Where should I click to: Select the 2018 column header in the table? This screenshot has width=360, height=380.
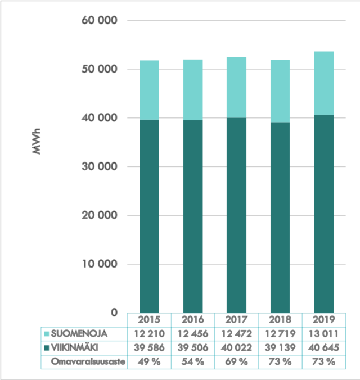tap(280, 319)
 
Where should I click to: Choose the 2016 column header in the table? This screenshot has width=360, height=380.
tap(192, 319)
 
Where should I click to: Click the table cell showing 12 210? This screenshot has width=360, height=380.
tap(149, 334)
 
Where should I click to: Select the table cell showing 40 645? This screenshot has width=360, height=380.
tap(323, 347)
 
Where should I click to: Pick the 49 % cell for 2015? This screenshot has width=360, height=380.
tap(149, 361)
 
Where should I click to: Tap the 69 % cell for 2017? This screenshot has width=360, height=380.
tap(236, 361)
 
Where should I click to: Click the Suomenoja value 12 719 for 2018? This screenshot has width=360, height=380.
tap(280, 334)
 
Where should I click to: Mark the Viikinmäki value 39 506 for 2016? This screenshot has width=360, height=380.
tap(192, 347)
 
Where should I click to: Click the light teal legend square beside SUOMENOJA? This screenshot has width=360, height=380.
tap(47, 334)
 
